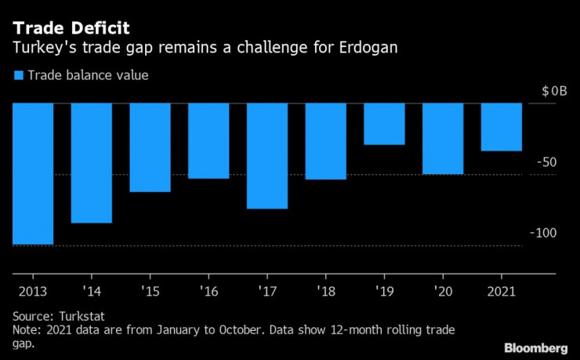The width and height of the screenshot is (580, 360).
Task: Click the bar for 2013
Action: [x=33, y=173]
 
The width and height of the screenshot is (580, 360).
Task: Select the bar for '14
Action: [x=92, y=162]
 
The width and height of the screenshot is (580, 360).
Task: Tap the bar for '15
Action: [x=150, y=147]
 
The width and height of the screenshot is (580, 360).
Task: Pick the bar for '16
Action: [x=208, y=140]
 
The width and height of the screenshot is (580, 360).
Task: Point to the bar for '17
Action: [x=267, y=155]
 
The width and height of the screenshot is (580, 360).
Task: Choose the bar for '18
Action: [x=325, y=141]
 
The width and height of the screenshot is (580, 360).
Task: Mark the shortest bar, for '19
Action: [x=384, y=124]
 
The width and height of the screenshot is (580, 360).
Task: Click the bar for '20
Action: [x=442, y=138]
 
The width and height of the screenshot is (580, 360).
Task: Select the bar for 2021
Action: [x=501, y=126]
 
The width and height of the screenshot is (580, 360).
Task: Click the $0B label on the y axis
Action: [x=553, y=91]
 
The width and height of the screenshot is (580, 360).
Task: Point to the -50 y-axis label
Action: [x=546, y=162]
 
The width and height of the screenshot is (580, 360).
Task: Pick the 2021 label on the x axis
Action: [x=501, y=291]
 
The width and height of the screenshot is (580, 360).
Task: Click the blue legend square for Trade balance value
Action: [x=18, y=75]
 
